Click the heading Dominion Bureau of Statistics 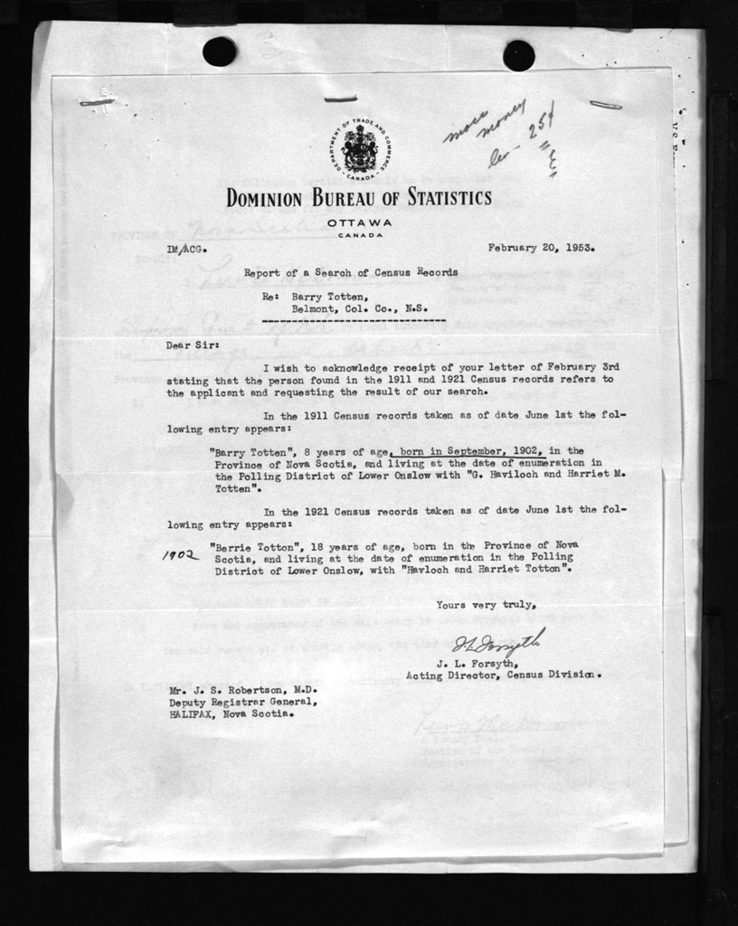coord(359,197)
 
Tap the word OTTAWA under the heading coord(360,222)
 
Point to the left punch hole coord(219,51)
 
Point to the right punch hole coord(518,55)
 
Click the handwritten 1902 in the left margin coord(180,555)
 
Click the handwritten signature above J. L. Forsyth coord(498,644)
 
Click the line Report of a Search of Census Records coord(350,271)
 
